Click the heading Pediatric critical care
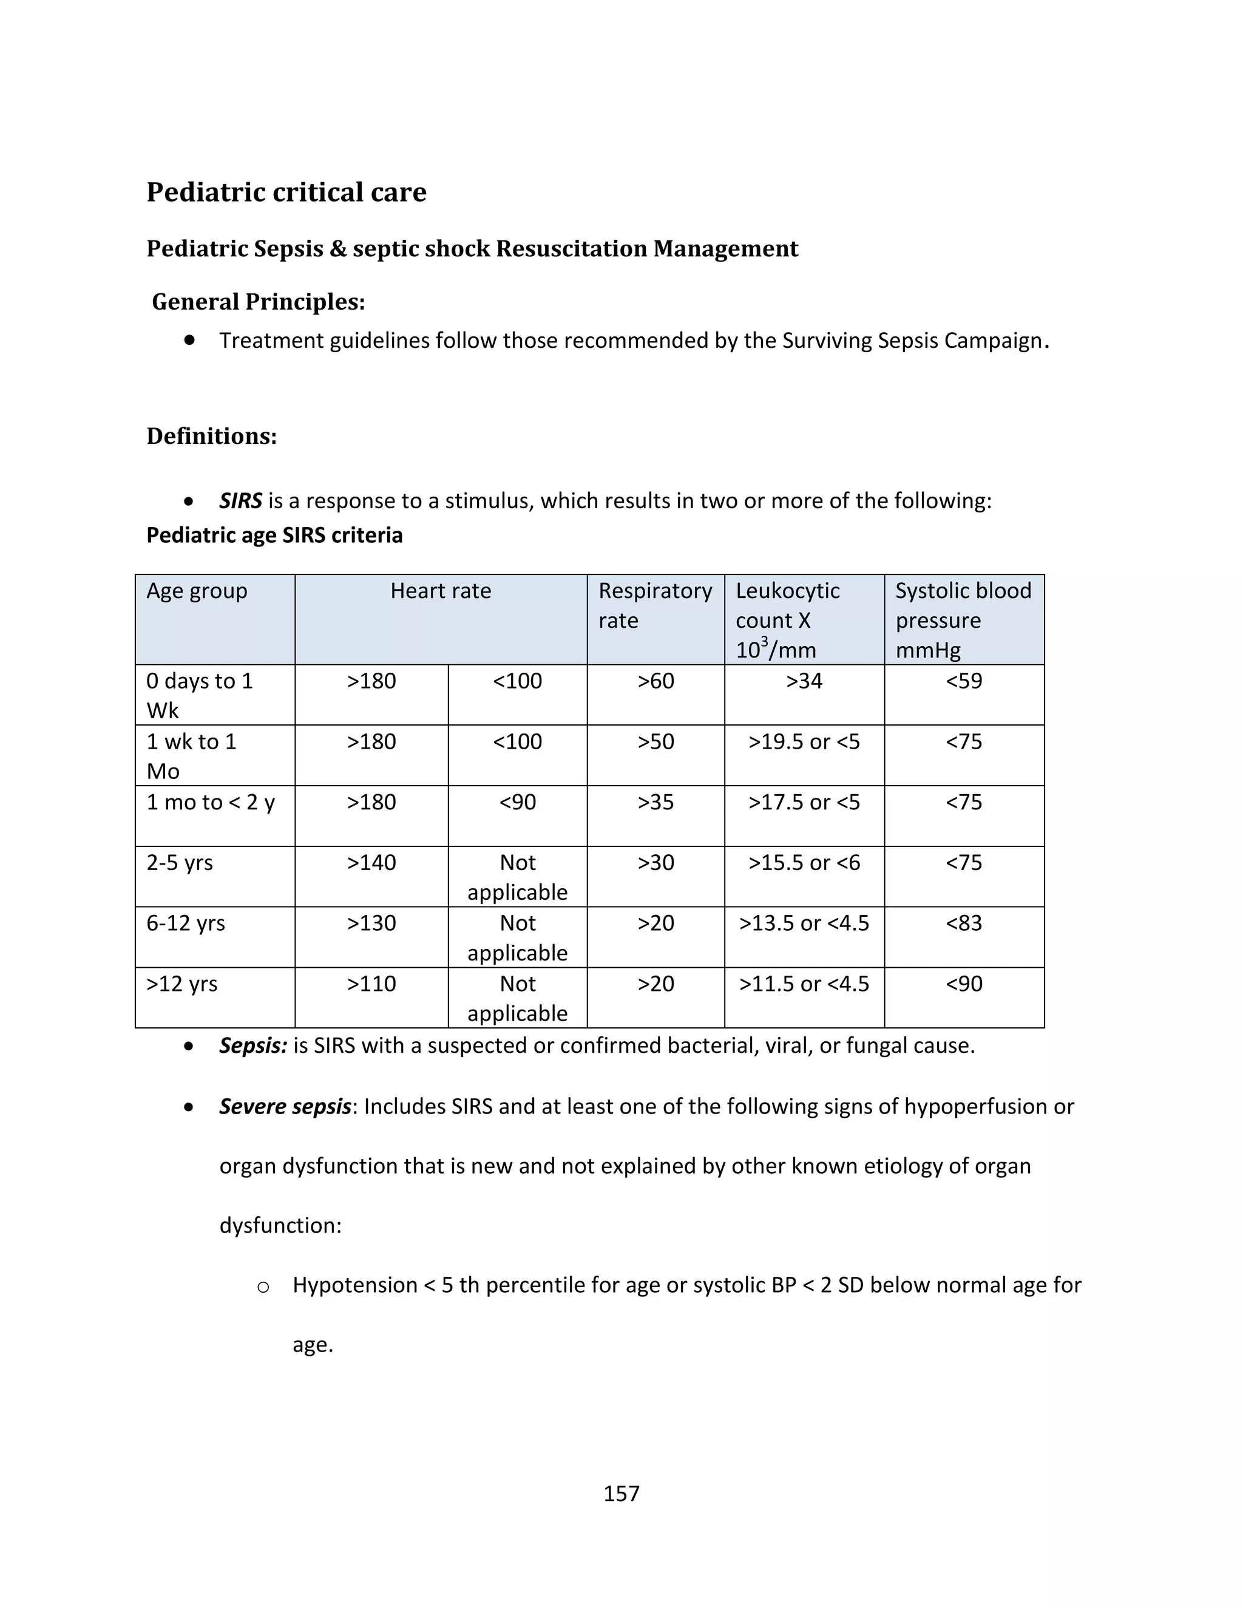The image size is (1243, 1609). pos(286,192)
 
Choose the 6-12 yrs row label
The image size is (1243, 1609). pos(186,923)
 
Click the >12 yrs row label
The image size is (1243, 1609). pos(182,984)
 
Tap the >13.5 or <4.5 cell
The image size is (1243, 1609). pos(804,923)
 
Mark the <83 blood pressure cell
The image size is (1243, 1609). pos(963,923)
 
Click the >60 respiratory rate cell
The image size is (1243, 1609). pos(655,681)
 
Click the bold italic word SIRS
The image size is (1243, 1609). pos(240,501)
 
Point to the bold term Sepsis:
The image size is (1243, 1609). pos(252,1046)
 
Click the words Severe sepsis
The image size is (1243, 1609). pos(285,1106)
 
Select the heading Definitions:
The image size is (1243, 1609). pos(211,436)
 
